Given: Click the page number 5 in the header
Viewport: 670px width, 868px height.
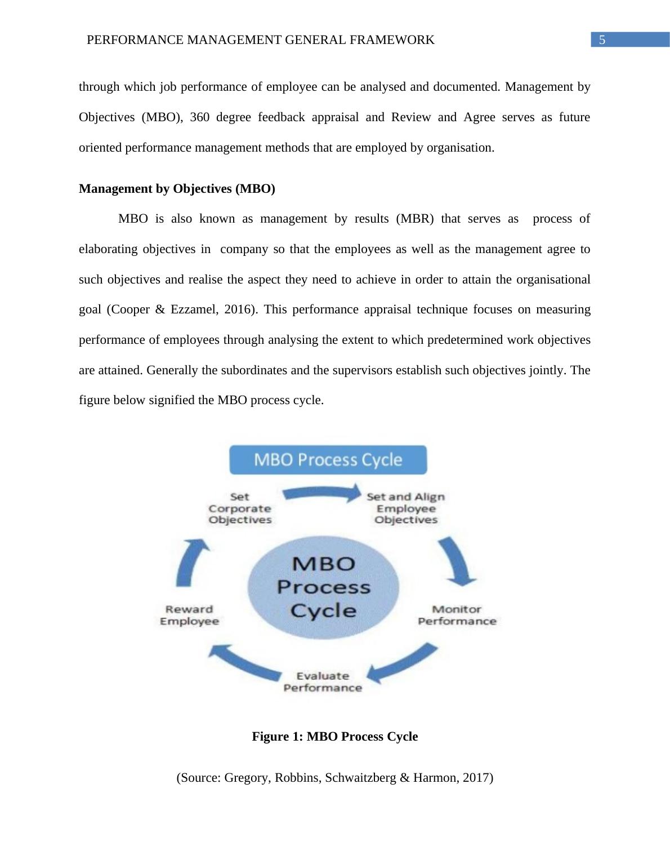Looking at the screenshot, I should pos(602,40).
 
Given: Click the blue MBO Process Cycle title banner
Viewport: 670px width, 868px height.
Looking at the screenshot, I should pos(328,460).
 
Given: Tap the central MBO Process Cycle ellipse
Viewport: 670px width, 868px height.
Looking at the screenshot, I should pos(324,587).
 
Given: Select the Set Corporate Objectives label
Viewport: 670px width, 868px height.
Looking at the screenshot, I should pos(240,508).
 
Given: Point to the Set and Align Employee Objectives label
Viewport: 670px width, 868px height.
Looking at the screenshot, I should pos(406,508).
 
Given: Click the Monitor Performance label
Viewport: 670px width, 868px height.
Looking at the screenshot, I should pos(457,615).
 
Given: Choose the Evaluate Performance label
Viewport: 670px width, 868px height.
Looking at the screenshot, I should pos(323,682).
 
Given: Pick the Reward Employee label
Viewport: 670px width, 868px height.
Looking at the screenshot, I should pos(189,615).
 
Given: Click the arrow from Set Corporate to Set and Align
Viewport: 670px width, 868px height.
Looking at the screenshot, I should pos(322,493).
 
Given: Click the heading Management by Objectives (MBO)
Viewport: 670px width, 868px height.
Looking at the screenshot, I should pos(177,189).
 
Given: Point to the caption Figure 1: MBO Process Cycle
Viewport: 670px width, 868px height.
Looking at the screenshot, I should pos(334,737).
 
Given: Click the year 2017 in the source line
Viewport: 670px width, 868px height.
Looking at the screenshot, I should pos(476,778).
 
